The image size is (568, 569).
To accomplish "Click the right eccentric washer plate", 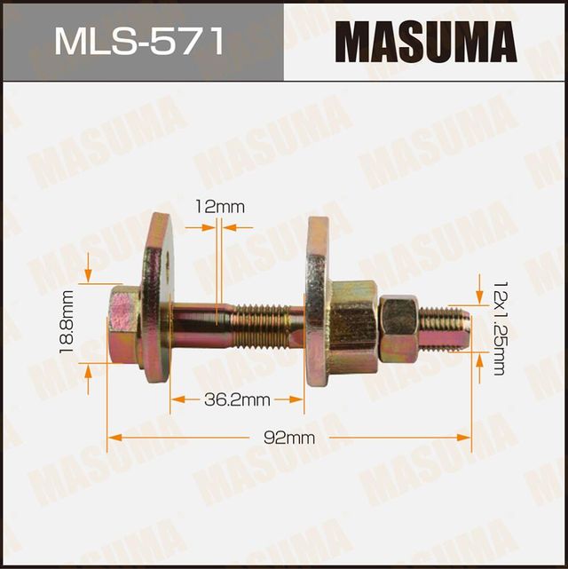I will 317,302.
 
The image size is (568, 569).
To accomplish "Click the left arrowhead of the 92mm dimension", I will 112,437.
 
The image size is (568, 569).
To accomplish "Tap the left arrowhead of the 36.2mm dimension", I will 176,399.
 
